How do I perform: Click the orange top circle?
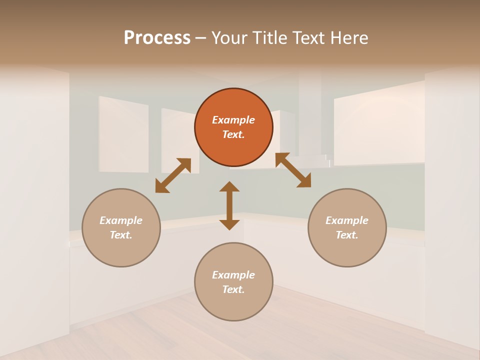pos(233,127)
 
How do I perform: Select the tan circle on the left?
pos(121,227)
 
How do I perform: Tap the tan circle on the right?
pos(347,227)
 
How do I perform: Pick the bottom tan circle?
pos(233,282)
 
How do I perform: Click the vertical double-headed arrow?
pos(229,205)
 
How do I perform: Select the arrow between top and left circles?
pos(173,175)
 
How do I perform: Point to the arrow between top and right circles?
pos(293,170)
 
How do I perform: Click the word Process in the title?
pos(157,38)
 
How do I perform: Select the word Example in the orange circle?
pos(233,120)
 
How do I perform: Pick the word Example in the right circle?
pos(347,220)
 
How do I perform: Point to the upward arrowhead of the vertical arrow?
pos(229,186)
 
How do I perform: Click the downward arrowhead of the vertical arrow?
pos(229,224)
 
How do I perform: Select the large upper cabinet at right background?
pos(379,125)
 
